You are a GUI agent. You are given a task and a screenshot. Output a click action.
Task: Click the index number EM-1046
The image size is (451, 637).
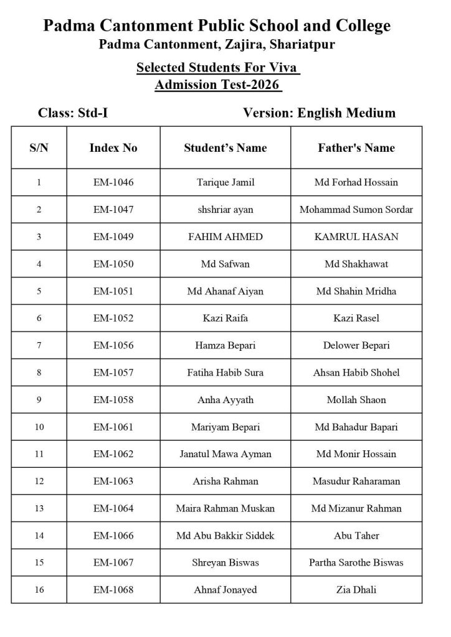click(113, 182)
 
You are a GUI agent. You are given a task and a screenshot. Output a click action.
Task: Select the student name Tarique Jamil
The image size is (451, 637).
click(225, 182)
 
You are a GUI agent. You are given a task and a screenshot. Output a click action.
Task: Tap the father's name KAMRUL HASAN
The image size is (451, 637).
click(356, 236)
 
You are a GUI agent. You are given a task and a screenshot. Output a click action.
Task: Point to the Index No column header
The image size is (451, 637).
click(113, 148)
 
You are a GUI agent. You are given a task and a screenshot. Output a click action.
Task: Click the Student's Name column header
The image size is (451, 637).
click(225, 148)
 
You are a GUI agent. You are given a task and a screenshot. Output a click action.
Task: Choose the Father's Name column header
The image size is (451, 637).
click(356, 148)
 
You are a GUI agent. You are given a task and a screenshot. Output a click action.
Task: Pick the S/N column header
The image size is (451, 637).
click(39, 148)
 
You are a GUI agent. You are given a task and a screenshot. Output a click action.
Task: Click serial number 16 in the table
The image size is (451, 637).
click(39, 590)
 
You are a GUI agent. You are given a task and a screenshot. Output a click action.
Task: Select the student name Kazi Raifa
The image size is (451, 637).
click(225, 318)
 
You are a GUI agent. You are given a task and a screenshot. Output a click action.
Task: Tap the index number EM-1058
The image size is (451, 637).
click(113, 399)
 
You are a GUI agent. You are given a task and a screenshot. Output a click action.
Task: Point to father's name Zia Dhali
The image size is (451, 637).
click(356, 590)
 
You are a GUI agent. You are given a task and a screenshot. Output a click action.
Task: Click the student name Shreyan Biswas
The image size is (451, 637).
click(225, 562)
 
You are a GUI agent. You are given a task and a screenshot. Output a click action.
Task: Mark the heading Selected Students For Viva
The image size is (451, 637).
click(218, 67)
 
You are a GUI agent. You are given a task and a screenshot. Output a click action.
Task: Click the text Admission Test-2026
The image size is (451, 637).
click(218, 84)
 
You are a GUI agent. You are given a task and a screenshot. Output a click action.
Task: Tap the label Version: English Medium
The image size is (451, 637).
click(319, 113)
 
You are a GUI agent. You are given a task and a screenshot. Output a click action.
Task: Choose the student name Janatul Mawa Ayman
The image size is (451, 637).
click(225, 453)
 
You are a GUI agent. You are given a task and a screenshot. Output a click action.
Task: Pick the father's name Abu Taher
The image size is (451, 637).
click(356, 535)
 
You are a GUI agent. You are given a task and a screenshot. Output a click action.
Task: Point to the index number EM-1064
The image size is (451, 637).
click(113, 508)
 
